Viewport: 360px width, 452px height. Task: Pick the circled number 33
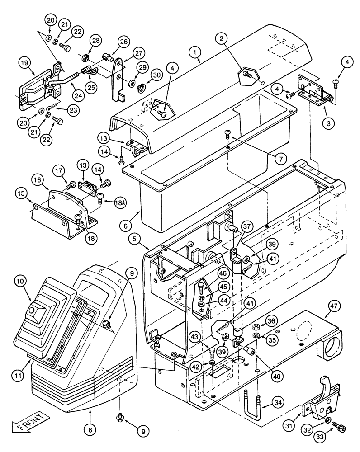click(x=336, y=437)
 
